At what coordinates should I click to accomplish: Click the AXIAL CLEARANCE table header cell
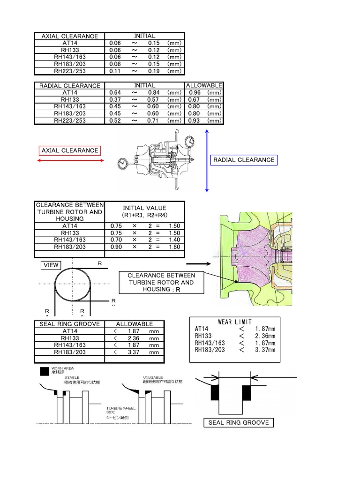click(x=69, y=36)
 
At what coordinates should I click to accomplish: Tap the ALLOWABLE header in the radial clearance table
click(x=204, y=86)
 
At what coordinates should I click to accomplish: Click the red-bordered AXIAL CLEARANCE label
click(x=70, y=150)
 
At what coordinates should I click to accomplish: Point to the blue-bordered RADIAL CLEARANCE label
click(x=244, y=160)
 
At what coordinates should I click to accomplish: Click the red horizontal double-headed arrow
click(x=70, y=161)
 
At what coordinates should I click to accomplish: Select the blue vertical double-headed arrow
click(x=206, y=161)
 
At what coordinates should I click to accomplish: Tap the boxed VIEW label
click(x=51, y=265)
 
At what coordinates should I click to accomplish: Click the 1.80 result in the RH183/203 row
click(x=174, y=247)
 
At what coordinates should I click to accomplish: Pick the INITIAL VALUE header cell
click(x=144, y=211)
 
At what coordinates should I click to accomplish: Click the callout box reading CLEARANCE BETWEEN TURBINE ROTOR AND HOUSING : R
click(x=161, y=283)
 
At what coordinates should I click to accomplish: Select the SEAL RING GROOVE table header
click(x=69, y=324)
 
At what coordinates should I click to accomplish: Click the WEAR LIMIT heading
click(x=235, y=322)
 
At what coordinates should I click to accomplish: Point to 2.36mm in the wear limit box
click(x=265, y=336)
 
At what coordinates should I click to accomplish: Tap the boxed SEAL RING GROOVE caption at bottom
click(x=239, y=422)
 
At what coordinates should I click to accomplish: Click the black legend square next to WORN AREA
click(x=44, y=372)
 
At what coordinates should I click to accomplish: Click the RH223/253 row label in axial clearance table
click(x=69, y=71)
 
